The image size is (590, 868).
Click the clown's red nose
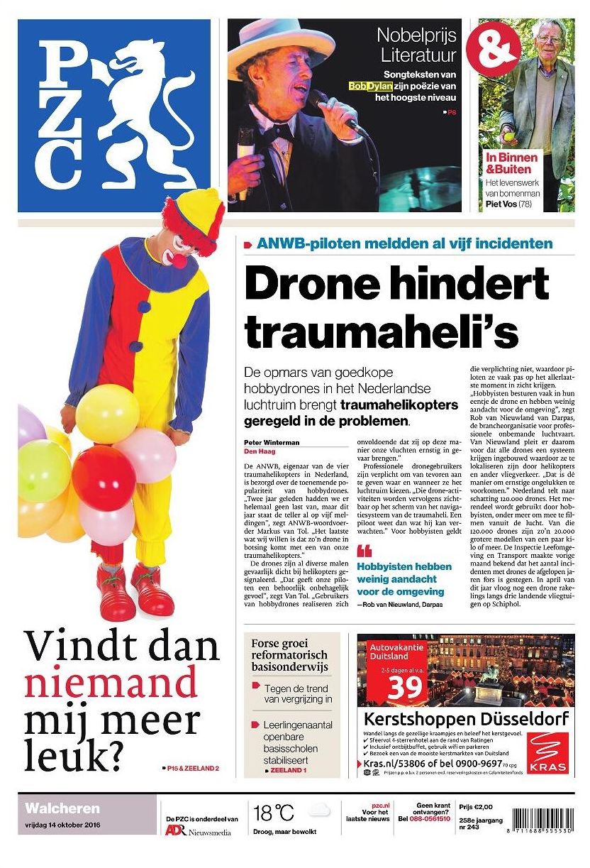(179, 260)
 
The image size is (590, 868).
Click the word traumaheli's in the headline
(371, 332)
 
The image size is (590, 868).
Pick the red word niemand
(111, 683)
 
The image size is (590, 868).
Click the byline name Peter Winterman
(271, 442)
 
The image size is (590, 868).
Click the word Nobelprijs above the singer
(416, 35)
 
